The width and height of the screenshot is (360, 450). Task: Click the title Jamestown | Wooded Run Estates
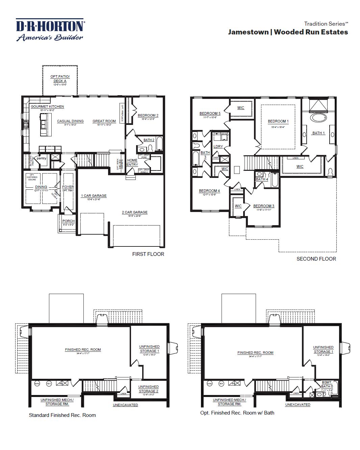[288, 32]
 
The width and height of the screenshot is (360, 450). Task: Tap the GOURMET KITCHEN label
[47, 107]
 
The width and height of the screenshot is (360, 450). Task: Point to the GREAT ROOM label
[104, 121]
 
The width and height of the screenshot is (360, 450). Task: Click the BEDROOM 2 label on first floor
[148, 115]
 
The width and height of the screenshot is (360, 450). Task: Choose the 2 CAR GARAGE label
[135, 212]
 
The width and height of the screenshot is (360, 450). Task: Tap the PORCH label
[69, 221]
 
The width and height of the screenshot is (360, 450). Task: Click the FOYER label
[68, 187]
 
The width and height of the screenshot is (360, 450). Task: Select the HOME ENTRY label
[132, 162]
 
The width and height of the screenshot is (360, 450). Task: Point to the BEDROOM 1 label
[278, 122]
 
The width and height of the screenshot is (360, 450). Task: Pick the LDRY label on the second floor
[218, 147]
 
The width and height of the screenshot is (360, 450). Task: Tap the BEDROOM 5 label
[210, 114]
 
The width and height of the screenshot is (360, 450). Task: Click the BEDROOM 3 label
[264, 206]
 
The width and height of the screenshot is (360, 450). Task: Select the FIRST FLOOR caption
[148, 254]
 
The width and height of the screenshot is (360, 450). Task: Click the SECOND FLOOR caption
[316, 259]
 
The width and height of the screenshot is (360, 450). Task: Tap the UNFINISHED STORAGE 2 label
[148, 389]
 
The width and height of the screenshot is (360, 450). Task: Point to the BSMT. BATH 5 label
[327, 384]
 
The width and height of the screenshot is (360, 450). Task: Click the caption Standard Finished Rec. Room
[62, 415]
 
